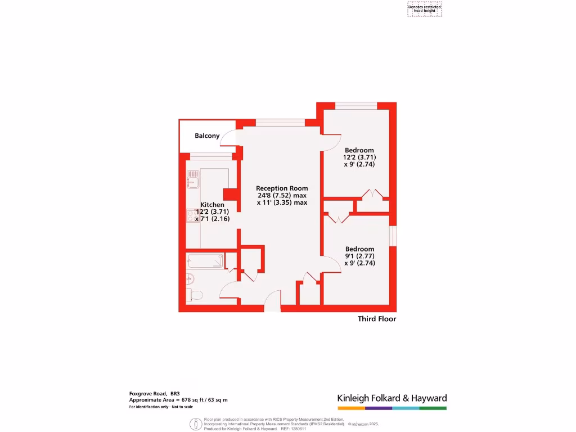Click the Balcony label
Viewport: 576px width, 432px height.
[207, 136]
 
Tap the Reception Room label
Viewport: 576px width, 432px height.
[282, 188]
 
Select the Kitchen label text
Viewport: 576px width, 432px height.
[213, 205]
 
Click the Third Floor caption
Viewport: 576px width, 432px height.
[377, 319]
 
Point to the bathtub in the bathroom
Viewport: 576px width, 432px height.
[205, 260]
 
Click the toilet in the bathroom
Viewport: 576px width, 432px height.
[195, 295]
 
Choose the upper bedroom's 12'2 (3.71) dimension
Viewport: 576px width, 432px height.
[359, 157]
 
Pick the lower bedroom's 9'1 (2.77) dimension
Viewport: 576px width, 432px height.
[359, 256]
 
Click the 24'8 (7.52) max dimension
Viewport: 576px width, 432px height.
[282, 195]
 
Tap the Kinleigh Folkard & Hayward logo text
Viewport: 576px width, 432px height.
[392, 398]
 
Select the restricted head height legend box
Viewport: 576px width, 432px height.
[425, 9]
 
